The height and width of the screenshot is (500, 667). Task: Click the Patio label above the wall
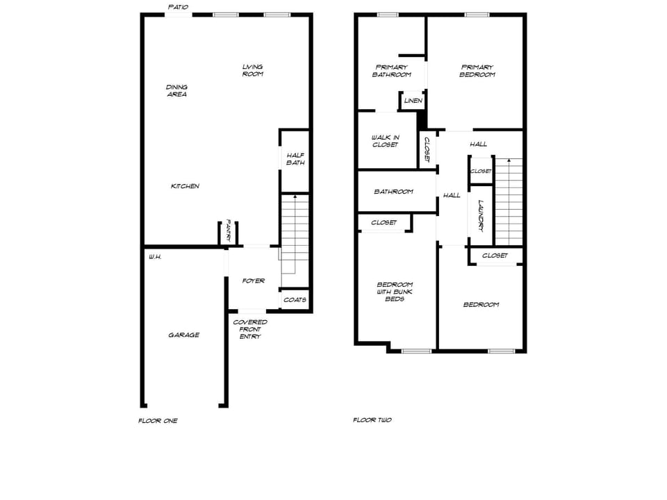pyautogui.click(x=179, y=7)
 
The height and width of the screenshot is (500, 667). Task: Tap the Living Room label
pyautogui.click(x=252, y=70)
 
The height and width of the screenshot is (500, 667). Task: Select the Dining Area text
pyautogui.click(x=176, y=90)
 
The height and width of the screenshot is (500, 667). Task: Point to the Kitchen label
pyautogui.click(x=185, y=186)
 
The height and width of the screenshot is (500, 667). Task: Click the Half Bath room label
pyautogui.click(x=295, y=159)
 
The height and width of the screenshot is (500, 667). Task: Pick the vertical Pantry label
pyautogui.click(x=229, y=231)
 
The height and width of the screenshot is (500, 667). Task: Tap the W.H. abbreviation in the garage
pyautogui.click(x=155, y=257)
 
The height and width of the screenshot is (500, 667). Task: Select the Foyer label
pyautogui.click(x=253, y=281)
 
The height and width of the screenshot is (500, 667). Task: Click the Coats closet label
pyautogui.click(x=295, y=300)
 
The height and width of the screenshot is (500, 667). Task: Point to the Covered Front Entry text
pyautogui.click(x=250, y=329)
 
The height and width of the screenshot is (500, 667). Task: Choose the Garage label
pyautogui.click(x=183, y=335)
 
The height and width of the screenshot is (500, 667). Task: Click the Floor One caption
pyautogui.click(x=158, y=420)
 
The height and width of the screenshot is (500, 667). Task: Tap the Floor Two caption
pyautogui.click(x=372, y=420)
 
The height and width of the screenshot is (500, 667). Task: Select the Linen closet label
pyautogui.click(x=413, y=101)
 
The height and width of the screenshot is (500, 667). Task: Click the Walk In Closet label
pyautogui.click(x=386, y=141)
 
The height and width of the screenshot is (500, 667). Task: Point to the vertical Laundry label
pyautogui.click(x=480, y=217)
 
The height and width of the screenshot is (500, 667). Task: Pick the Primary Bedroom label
pyautogui.click(x=477, y=71)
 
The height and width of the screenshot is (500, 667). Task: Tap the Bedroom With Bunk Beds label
pyautogui.click(x=395, y=292)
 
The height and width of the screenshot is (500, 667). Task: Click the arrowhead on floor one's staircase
pyautogui.click(x=295, y=197)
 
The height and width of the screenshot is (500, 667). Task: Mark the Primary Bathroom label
pyautogui.click(x=391, y=71)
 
